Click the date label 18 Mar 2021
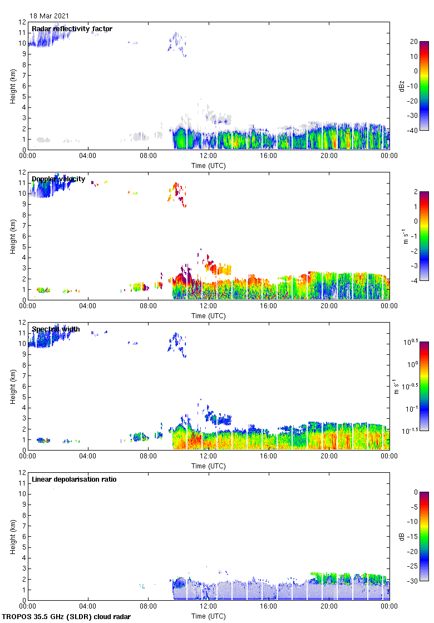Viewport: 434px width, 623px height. coord(50,16)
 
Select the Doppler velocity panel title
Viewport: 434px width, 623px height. coord(58,179)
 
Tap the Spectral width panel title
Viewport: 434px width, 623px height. coord(56,329)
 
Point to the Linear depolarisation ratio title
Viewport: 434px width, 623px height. coord(74,479)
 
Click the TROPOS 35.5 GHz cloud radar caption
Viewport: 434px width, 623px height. coord(67,617)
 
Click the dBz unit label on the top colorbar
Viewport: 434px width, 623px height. coord(417,86)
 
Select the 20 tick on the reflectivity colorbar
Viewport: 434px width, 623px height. coord(414,41)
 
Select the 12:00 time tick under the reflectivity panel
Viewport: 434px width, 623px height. coord(209,156)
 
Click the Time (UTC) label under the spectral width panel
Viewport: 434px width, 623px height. coord(209,466)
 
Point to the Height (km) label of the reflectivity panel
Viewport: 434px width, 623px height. coord(12,86)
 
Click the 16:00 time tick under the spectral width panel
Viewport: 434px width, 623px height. coord(269,457)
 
